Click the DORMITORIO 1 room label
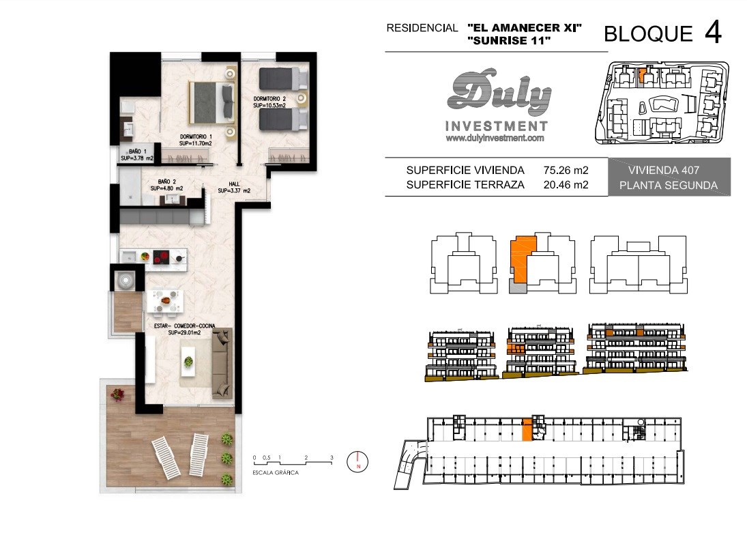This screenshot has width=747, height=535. (x=196, y=140)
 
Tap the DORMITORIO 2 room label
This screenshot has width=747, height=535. (x=269, y=102)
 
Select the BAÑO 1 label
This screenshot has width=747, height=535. (x=137, y=155)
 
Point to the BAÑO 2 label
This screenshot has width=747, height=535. (x=166, y=185)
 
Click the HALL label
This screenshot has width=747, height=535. (x=234, y=187)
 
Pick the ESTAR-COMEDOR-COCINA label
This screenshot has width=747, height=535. (x=184, y=329)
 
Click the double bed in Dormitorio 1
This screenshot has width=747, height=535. (x=212, y=102)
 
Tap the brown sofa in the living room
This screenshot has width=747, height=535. (x=222, y=363)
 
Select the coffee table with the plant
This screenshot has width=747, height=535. (x=189, y=362)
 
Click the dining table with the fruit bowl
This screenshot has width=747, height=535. (x=166, y=301)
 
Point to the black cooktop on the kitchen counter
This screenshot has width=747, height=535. (x=162, y=257)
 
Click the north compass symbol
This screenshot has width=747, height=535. (x=357, y=461)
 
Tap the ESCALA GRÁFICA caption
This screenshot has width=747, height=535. (x=276, y=473)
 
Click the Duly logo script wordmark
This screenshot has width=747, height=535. (x=499, y=93)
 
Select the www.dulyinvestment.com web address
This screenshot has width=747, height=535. (x=495, y=138)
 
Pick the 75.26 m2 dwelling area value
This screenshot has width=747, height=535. (x=566, y=170)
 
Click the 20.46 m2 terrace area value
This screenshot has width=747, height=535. (x=566, y=185)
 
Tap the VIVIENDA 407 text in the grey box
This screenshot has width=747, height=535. (x=664, y=170)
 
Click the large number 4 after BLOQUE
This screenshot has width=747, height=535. (x=713, y=32)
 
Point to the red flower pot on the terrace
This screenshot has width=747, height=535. (x=117, y=394)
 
